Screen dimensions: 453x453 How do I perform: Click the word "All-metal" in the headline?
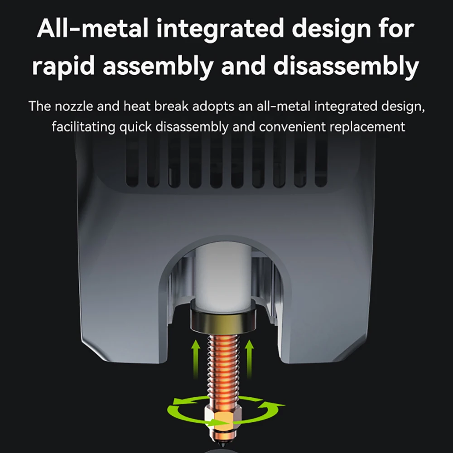coord(93,29)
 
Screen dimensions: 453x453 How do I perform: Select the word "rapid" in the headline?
coord(63,67)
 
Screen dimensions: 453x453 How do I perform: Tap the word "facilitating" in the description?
coord(83,127)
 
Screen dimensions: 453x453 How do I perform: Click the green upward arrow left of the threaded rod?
coord(196,359)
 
